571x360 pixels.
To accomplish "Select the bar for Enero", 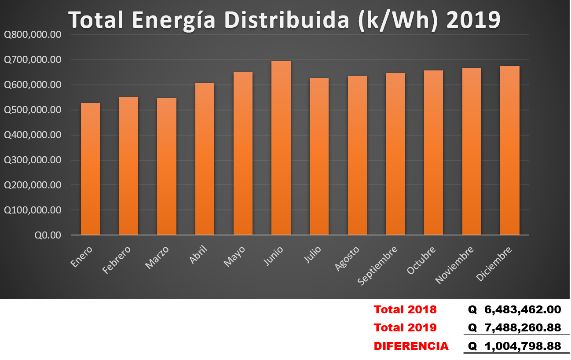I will click(90, 169).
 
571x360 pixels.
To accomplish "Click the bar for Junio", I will click(281, 148).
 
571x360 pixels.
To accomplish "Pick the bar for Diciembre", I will click(510, 151).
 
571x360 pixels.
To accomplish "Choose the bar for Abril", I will click(205, 159).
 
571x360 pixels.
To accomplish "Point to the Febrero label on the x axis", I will click(117, 261).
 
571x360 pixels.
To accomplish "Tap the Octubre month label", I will click(421, 261).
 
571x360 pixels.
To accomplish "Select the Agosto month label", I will click(347, 259).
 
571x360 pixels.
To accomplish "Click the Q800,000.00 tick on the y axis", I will click(32, 35).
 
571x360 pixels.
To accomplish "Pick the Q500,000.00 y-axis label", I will click(32, 110).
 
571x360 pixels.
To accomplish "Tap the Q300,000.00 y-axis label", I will click(32, 160).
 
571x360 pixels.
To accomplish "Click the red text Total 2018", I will click(405, 309).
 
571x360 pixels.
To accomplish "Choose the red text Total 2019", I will click(405, 328).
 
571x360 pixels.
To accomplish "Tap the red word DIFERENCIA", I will click(411, 346).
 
